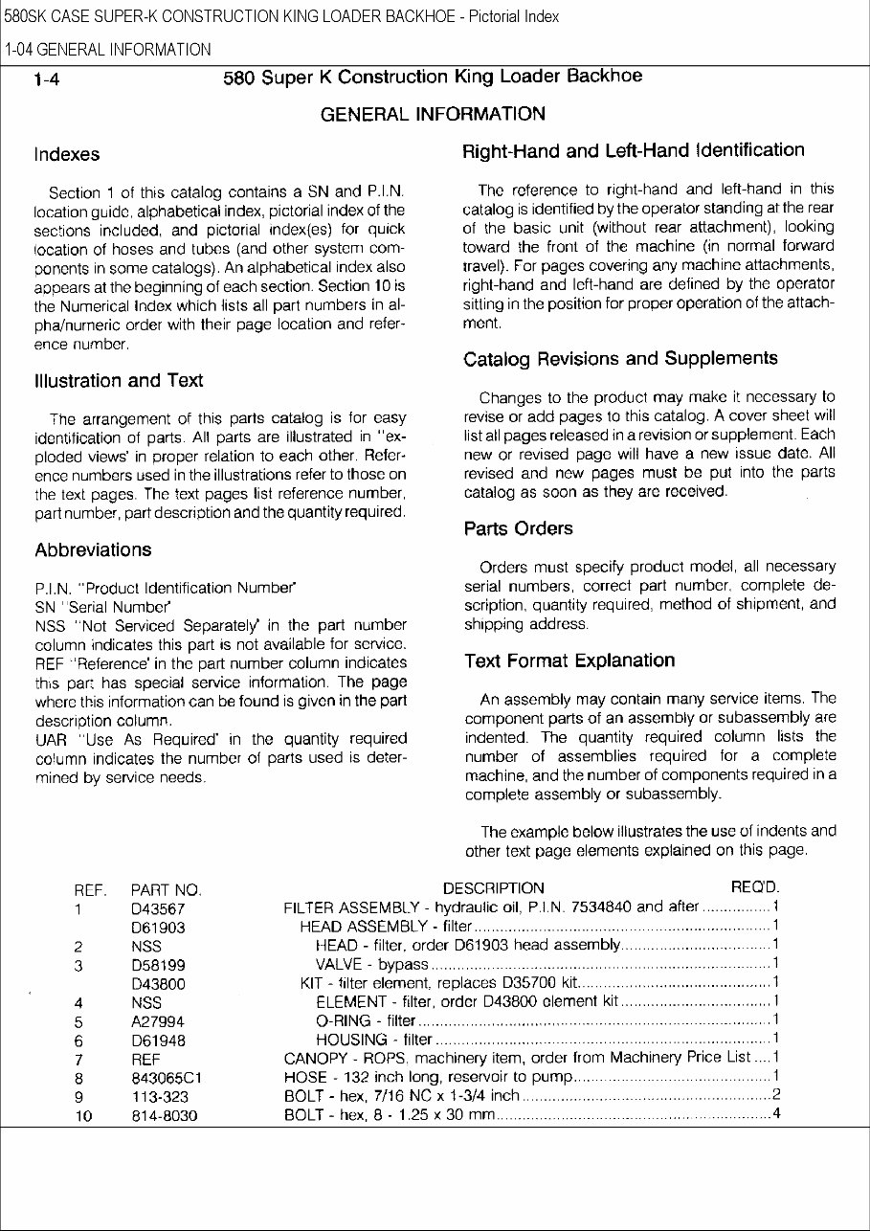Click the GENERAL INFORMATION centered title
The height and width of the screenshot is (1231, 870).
point(433,114)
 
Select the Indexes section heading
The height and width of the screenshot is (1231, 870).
point(67,154)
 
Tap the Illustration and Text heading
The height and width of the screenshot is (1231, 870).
point(119,381)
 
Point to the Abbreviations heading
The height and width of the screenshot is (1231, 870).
point(93,550)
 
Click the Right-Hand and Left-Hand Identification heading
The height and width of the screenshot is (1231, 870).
point(633,151)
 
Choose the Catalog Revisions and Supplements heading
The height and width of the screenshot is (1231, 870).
point(620,359)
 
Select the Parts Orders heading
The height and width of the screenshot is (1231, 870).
point(518,528)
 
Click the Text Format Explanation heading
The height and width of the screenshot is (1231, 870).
point(569,661)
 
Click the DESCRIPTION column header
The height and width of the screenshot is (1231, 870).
point(493,888)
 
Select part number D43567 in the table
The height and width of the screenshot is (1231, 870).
point(158,908)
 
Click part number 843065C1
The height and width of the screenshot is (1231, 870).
point(166,1078)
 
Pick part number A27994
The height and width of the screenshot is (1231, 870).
point(158,1021)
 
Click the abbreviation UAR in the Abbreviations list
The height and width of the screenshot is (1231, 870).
point(50,740)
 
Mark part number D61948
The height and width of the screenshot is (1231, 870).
point(158,1041)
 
